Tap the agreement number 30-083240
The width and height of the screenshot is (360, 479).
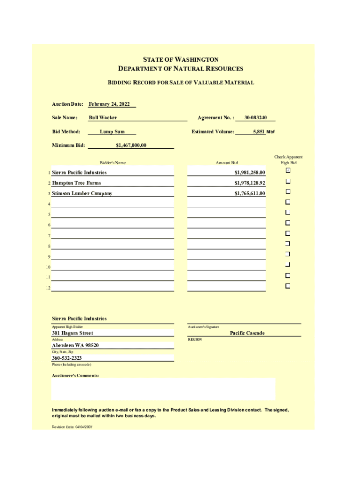tap(255, 117)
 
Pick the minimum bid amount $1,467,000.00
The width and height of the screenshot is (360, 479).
tap(131, 145)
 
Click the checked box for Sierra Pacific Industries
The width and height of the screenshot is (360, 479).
tap(288, 170)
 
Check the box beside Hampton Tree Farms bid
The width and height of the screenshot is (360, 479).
tap(288, 181)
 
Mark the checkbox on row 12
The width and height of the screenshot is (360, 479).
tap(288, 286)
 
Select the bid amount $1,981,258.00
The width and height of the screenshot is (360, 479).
tap(250, 173)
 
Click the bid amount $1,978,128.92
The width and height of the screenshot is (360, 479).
tap(250, 183)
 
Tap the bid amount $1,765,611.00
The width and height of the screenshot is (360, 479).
tap(250, 193)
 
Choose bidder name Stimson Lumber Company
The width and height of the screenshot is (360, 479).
tap(82, 193)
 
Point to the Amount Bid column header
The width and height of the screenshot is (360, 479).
tap(226, 163)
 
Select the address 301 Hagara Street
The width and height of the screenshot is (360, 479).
tap(72, 333)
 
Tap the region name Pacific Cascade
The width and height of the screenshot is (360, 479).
tap(247, 333)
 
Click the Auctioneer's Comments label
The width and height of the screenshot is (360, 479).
tap(75, 376)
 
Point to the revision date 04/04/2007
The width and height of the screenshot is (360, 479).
tap(72, 427)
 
